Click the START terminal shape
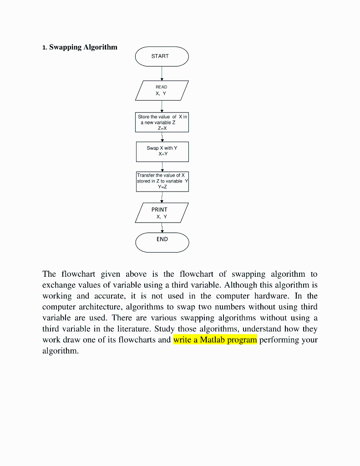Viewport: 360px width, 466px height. [x=162, y=56]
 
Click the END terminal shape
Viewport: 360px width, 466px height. [x=162, y=242]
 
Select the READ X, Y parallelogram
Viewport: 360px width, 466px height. [x=162, y=90]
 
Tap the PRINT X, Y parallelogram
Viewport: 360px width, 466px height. [x=162, y=213]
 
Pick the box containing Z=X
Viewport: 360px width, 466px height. [x=162, y=122]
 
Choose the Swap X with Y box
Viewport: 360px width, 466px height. [x=162, y=152]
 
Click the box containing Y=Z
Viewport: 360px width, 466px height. [x=162, y=181]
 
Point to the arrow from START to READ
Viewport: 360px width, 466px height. [x=162, y=73]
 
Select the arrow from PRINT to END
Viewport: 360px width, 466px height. [x=162, y=228]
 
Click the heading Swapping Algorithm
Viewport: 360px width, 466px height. [x=83, y=47]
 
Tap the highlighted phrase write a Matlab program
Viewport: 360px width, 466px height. [x=215, y=340]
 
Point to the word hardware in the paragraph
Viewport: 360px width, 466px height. [x=277, y=296]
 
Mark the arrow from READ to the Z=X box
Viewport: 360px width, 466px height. [x=162, y=106]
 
